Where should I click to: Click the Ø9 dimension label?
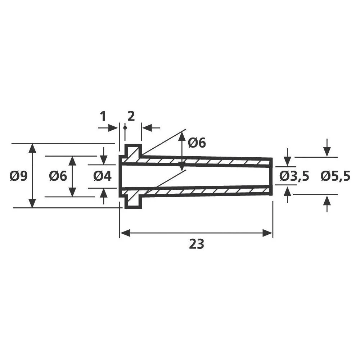click(x=19, y=176)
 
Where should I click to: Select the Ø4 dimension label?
click(x=103, y=176)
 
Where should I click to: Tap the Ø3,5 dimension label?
click(x=294, y=176)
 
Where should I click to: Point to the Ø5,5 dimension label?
click(x=335, y=176)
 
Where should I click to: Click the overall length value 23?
click(x=196, y=244)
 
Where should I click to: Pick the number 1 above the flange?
click(x=103, y=117)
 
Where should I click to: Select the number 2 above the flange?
click(x=131, y=117)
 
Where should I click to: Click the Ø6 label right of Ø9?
click(x=58, y=176)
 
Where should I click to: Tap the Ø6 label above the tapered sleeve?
click(x=197, y=143)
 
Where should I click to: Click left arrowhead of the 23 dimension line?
click(x=124, y=233)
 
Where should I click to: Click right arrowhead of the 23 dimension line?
click(x=268, y=233)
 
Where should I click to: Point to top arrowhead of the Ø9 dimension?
click(x=32, y=148)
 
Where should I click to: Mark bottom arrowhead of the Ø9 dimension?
click(x=32, y=203)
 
